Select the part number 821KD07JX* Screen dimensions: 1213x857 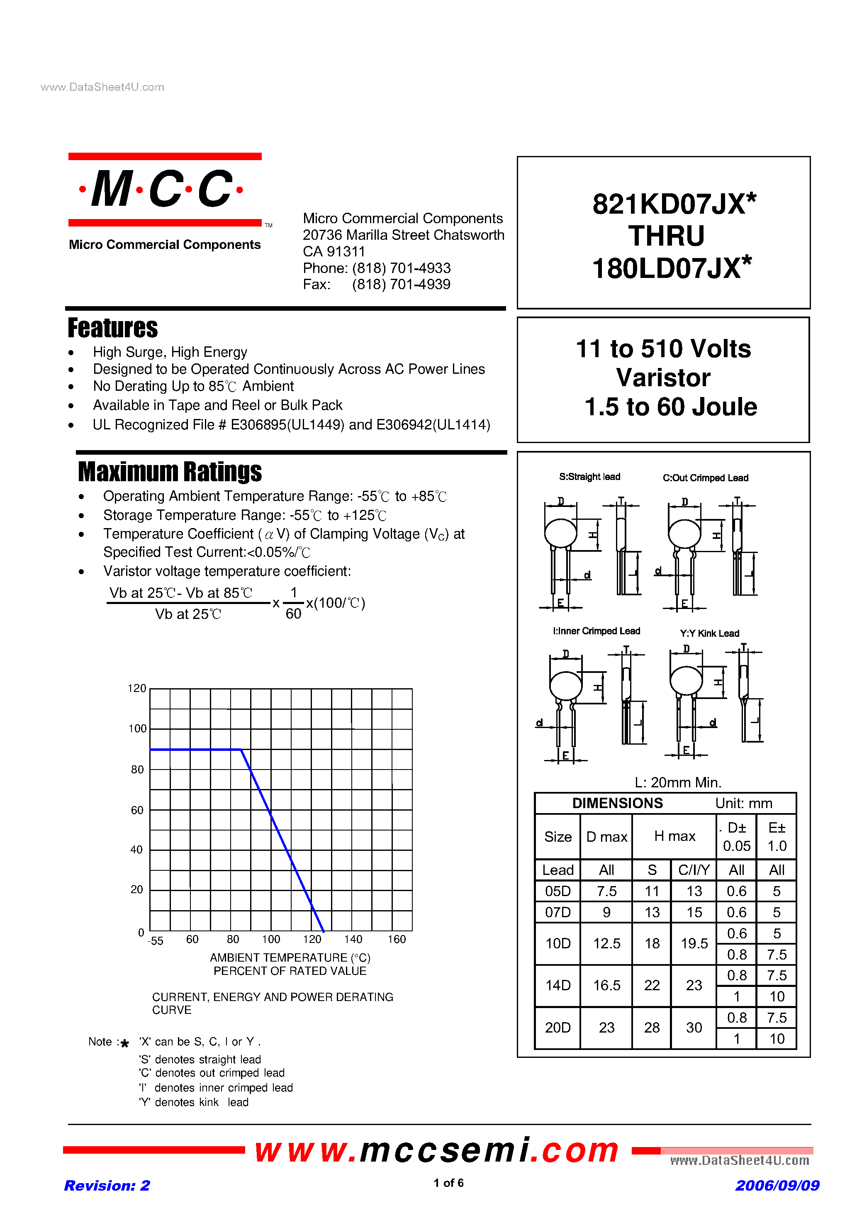click(x=673, y=204)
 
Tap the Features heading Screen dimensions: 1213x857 click(x=112, y=328)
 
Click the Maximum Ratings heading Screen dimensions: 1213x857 click(x=170, y=472)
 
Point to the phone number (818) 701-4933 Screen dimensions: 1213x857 click(x=401, y=268)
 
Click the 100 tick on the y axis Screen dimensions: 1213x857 click(x=137, y=728)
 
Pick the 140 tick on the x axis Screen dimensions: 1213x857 click(x=353, y=939)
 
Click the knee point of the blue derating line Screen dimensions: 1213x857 click(x=241, y=749)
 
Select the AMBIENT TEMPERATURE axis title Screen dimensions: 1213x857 click(x=290, y=957)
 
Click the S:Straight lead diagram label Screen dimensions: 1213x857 click(x=589, y=477)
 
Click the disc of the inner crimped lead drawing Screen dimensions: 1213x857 click(x=566, y=686)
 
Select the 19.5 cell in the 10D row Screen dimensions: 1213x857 click(x=694, y=944)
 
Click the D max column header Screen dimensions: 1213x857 click(x=606, y=837)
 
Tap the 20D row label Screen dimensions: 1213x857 click(x=558, y=1028)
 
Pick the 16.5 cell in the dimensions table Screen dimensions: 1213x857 click(x=606, y=985)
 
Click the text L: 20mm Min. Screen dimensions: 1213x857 click(x=677, y=782)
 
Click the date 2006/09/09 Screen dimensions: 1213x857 click(x=777, y=1186)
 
